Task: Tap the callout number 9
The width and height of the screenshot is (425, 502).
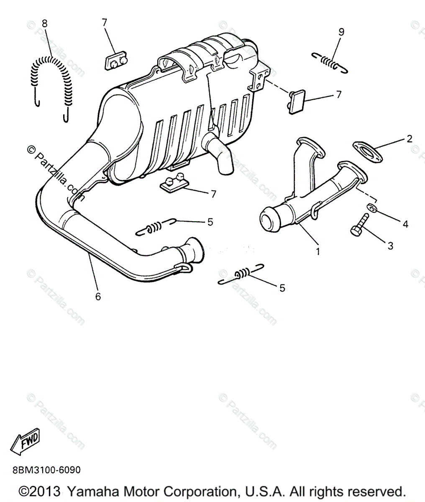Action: (x=341, y=32)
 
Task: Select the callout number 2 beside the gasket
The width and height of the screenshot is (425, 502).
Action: (x=409, y=138)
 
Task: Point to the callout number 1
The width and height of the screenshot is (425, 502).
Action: (x=318, y=251)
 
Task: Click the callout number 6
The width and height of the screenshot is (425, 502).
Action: (x=98, y=297)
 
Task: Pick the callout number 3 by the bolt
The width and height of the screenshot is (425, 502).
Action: (x=390, y=246)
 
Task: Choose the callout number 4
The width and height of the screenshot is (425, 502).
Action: (x=405, y=224)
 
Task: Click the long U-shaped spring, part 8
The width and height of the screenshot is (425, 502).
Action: (x=52, y=79)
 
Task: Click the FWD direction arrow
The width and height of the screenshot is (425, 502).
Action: (x=26, y=441)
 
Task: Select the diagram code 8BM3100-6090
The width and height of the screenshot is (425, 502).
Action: (x=40, y=470)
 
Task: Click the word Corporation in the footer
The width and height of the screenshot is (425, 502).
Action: (x=203, y=491)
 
